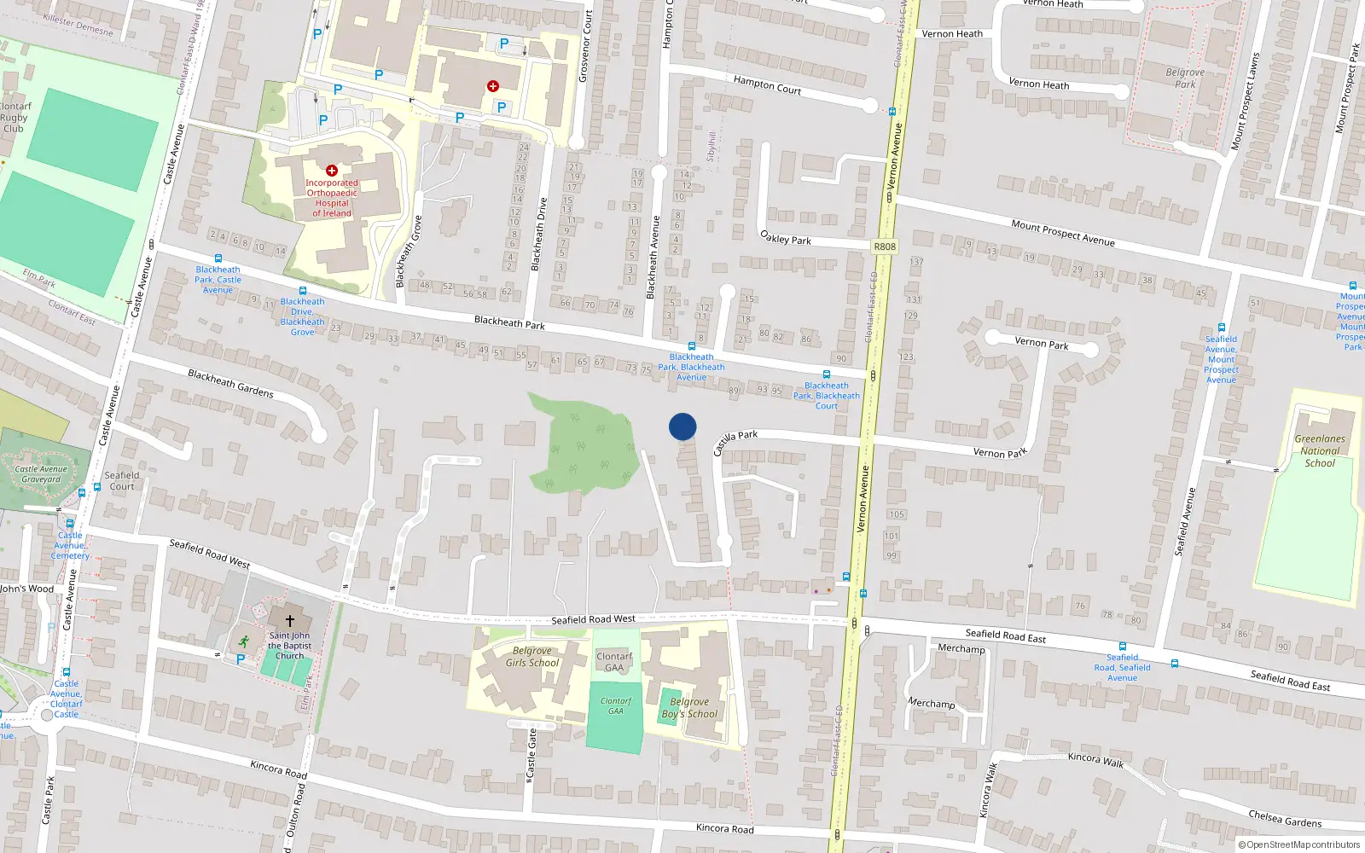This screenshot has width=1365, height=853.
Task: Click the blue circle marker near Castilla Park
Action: point(682,426)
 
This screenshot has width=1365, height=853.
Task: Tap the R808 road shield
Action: point(885,247)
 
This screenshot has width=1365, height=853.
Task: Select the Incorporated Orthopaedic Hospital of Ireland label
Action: point(332,198)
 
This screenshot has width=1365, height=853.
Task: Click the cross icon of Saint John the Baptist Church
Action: point(290,620)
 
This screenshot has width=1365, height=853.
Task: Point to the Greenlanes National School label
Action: point(1320,451)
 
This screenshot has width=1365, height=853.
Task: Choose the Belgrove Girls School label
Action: point(532,657)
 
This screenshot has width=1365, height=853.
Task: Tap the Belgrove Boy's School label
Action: point(690,708)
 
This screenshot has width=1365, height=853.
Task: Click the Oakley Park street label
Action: point(786,238)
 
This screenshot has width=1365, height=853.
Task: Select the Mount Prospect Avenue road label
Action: point(1063,232)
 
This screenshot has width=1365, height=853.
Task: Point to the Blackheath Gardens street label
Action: point(230,383)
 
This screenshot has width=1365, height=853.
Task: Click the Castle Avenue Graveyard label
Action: point(41,474)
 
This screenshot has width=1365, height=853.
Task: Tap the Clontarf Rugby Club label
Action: point(15,118)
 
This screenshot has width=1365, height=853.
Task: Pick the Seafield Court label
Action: point(122,481)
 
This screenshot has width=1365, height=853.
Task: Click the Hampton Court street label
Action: point(767,84)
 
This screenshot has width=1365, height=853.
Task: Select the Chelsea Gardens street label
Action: point(1285,819)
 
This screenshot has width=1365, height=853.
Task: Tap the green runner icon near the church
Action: point(243,641)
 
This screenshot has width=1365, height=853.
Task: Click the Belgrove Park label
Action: point(1185,78)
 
